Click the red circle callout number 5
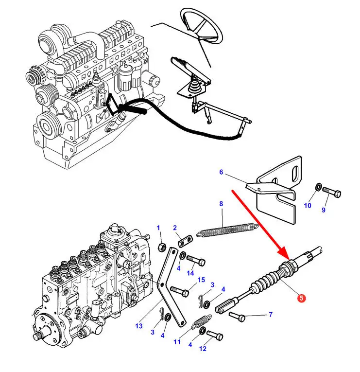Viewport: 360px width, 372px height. (x=301, y=298)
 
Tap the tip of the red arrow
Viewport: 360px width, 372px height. (x=289, y=260)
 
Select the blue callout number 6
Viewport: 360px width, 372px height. (x=221, y=172)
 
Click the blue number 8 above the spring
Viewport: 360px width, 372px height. (x=221, y=204)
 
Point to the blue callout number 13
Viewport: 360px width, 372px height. (x=139, y=326)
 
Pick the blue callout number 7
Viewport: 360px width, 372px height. (x=271, y=315)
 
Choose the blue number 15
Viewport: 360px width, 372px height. (x=201, y=280)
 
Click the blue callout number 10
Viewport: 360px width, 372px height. (x=308, y=206)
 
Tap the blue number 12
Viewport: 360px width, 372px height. (x=203, y=349)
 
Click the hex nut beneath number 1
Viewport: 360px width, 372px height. (x=162, y=248)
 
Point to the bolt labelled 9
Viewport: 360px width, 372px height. (x=331, y=192)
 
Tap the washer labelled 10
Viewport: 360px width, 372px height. (x=319, y=187)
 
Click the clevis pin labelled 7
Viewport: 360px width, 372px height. (x=237, y=317)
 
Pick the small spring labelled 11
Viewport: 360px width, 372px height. (x=202, y=321)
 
